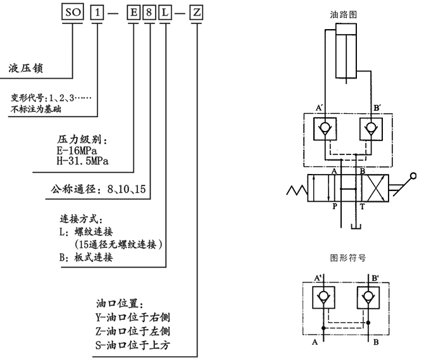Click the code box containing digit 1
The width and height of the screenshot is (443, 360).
pyautogui.click(x=97, y=12)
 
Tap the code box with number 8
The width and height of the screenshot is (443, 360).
pyautogui.click(x=149, y=12)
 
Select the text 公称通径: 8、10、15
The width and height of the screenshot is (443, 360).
pyautogui.click(x=99, y=188)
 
